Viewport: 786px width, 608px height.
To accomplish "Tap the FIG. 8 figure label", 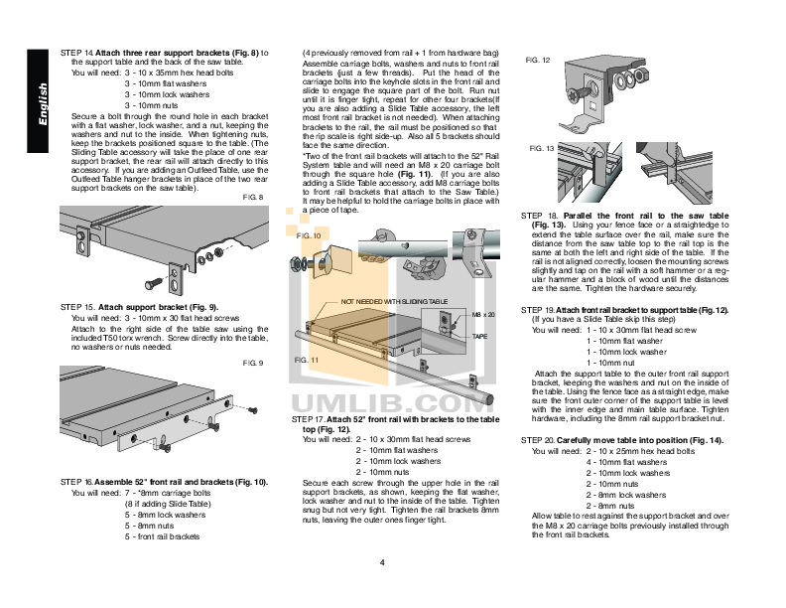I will (253, 197).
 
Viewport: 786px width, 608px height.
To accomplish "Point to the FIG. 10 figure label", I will (309, 236).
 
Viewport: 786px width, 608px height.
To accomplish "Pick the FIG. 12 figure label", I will (538, 61).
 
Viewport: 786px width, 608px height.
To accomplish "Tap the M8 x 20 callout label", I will (482, 314).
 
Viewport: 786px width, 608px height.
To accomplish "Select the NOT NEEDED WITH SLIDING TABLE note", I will (395, 300).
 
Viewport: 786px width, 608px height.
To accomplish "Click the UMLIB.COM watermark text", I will (395, 402).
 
